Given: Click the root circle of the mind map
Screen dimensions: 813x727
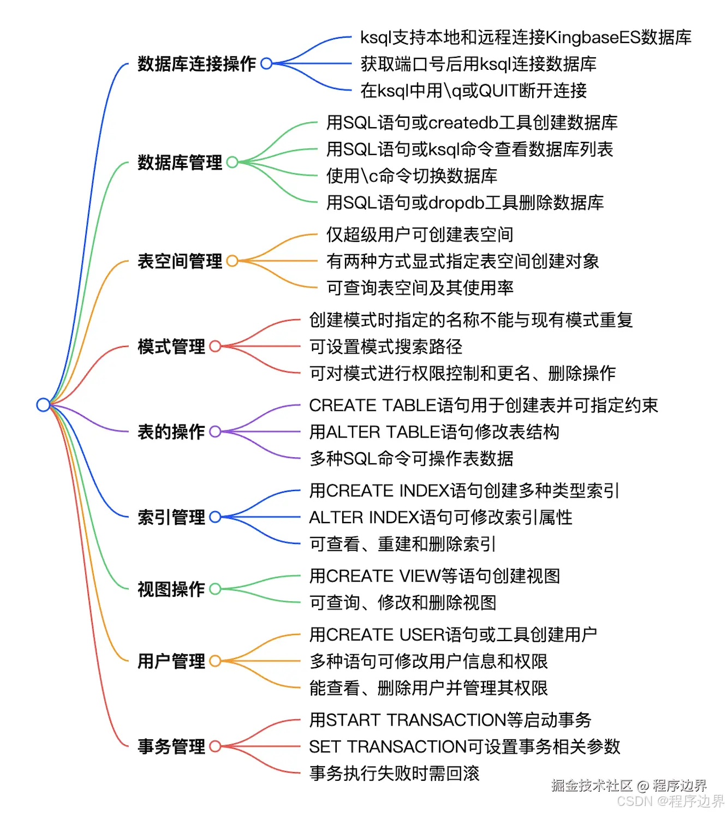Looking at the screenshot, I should tap(43, 405).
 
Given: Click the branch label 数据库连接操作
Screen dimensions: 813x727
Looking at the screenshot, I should tap(196, 64).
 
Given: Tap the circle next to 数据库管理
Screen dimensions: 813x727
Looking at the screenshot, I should tap(232, 162).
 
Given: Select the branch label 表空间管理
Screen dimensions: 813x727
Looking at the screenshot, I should tap(180, 261).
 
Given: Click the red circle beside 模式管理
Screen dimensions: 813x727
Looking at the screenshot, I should tap(215, 346).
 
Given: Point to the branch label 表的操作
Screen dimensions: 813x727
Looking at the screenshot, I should tap(171, 432).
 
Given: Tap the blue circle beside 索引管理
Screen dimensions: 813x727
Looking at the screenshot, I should tap(215, 517).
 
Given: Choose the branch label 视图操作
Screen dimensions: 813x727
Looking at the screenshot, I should tap(171, 589).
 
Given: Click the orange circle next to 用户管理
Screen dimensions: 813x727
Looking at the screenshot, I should tap(215, 661).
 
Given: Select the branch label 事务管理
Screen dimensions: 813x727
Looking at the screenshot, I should tap(171, 746).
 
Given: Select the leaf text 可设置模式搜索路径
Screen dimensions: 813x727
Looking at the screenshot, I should tap(386, 346).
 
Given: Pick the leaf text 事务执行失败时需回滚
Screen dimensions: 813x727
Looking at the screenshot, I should tap(394, 773).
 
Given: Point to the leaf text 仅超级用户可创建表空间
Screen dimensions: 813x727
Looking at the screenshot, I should tap(420, 235).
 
